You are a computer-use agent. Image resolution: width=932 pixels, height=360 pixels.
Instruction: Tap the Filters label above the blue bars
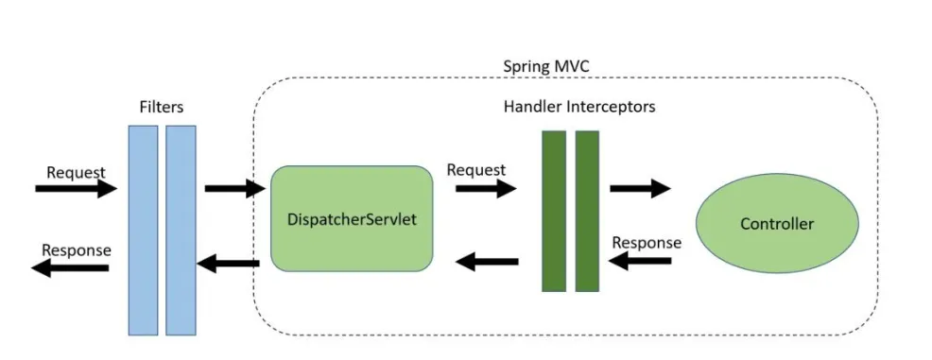tap(162, 109)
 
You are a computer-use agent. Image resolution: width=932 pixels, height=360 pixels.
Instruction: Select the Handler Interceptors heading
tap(578, 107)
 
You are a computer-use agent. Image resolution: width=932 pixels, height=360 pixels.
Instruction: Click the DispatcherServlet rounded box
tap(352, 218)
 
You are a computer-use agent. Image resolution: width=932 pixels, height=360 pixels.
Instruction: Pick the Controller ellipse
tap(777, 224)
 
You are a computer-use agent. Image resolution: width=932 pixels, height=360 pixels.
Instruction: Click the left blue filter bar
tap(143, 230)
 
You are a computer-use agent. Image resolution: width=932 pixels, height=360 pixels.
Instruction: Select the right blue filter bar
tap(181, 230)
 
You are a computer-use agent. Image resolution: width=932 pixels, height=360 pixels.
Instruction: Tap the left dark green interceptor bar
tap(553, 211)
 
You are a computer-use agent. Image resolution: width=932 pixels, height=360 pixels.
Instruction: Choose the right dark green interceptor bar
tap(587, 211)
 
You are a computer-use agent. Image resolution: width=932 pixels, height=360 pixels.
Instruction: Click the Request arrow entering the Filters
tap(76, 189)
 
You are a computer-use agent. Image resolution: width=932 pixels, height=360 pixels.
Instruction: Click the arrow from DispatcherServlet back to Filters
tap(228, 264)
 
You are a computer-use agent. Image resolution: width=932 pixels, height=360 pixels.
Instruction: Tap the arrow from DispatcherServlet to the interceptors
tap(486, 188)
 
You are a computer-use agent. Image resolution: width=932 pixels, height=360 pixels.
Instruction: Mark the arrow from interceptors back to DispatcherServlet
tap(487, 262)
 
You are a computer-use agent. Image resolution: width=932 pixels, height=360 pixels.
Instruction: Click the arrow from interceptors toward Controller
tap(640, 188)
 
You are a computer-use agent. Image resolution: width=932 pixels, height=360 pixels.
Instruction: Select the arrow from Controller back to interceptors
tap(640, 260)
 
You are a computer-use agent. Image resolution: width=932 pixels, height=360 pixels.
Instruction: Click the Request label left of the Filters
tap(76, 173)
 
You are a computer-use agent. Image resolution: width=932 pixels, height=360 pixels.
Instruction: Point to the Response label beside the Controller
tap(647, 243)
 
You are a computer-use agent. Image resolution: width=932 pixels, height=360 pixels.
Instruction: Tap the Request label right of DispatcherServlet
tap(475, 170)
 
